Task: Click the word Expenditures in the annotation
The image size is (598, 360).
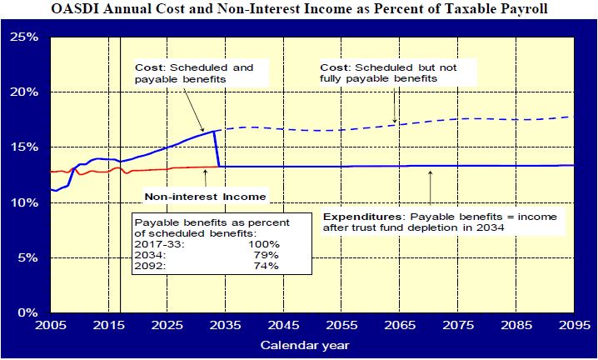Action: point(354,214)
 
